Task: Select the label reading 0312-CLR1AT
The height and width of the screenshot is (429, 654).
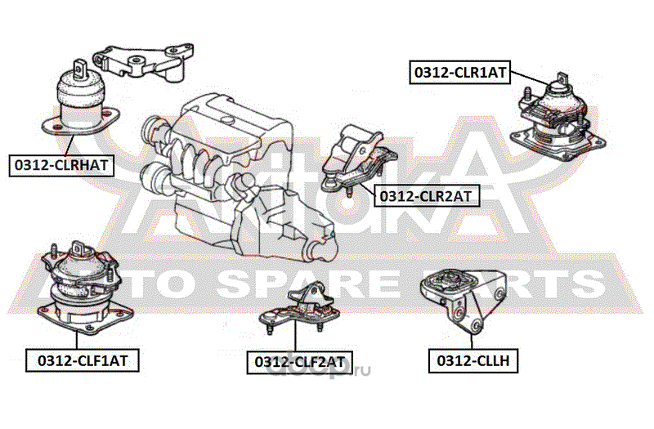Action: tap(459, 72)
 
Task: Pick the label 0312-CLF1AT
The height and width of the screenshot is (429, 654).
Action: tap(83, 359)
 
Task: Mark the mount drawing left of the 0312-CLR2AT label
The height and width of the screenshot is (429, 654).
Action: tap(357, 159)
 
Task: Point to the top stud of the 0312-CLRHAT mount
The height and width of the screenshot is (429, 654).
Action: tap(78, 66)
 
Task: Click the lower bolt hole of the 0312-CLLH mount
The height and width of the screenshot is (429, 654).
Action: tap(475, 327)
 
